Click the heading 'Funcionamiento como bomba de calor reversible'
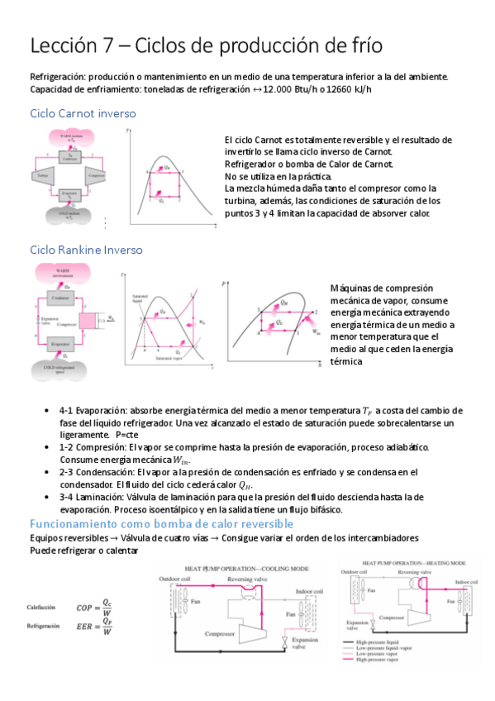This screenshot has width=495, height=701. coord(161,524)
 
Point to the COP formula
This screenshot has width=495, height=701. coord(99,607)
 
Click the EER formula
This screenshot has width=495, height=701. coord(99,627)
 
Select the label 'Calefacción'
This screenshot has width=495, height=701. coord(40,607)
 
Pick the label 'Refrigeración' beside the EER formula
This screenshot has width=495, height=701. coord(42,627)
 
